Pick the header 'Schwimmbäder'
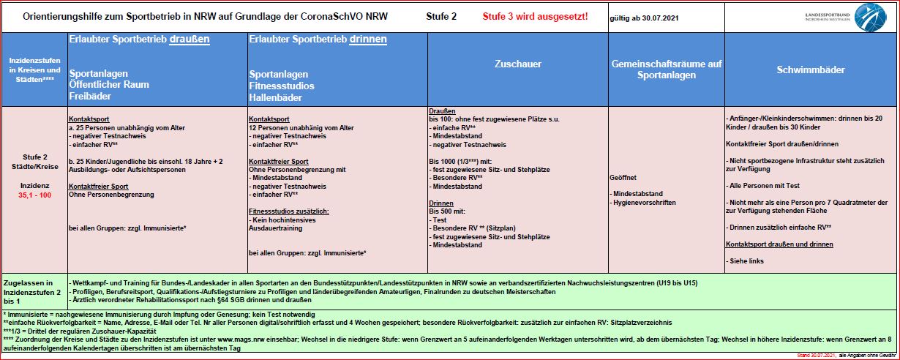coord(810,70)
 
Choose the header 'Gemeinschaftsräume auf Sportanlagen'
coord(666,70)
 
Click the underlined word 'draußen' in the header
coord(190,40)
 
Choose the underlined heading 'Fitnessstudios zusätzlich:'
coord(289,211)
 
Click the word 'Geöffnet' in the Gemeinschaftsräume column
coord(623,177)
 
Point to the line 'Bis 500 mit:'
coord(447,211)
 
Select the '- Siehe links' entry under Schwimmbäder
coord(747,260)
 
